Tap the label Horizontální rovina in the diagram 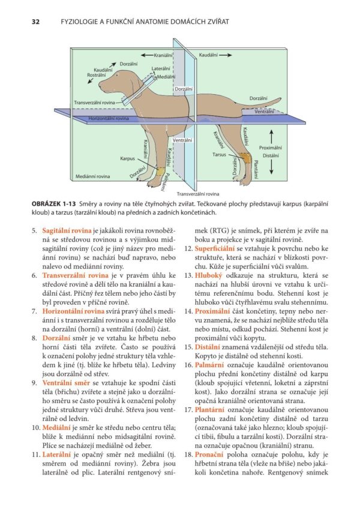click(109, 119)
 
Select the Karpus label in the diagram click(127, 159)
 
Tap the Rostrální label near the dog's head click(97, 76)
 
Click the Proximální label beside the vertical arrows click(271, 147)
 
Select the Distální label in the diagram click(271, 155)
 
